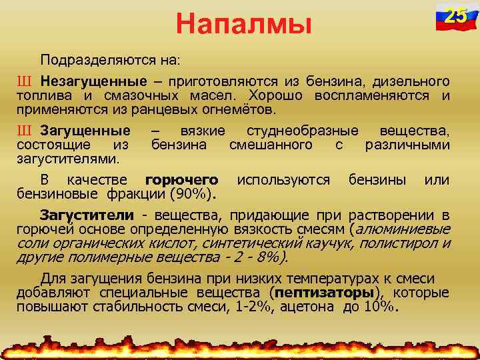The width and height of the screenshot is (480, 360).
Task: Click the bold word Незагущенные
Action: [x=93, y=81]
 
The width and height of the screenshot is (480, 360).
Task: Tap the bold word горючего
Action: [x=181, y=180]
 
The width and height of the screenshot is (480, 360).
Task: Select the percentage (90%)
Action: [x=193, y=194]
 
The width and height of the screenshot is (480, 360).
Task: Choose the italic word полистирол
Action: [x=403, y=244]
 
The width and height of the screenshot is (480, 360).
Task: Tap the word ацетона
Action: [x=309, y=307]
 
